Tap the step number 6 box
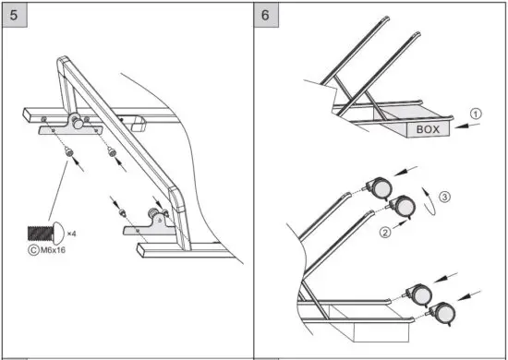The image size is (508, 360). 267,16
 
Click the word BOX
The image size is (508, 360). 428,130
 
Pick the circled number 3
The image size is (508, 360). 445,197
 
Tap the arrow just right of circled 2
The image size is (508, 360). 397,227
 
